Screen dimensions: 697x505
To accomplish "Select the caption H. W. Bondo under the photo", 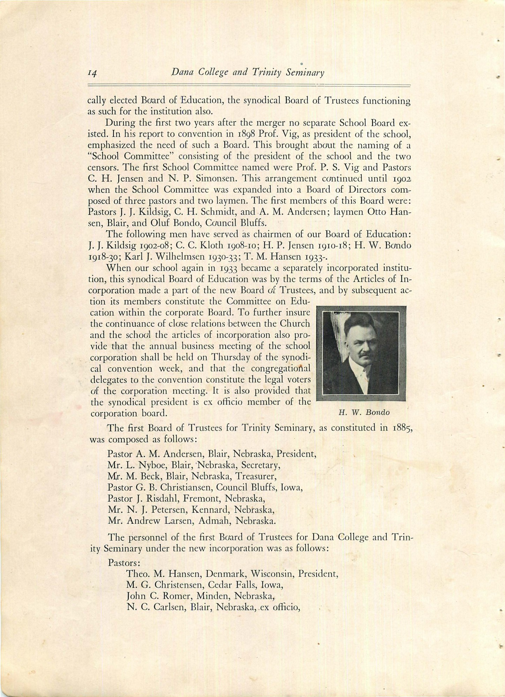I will click(x=364, y=412).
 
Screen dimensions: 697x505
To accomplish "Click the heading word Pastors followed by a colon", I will click(x=124, y=562).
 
